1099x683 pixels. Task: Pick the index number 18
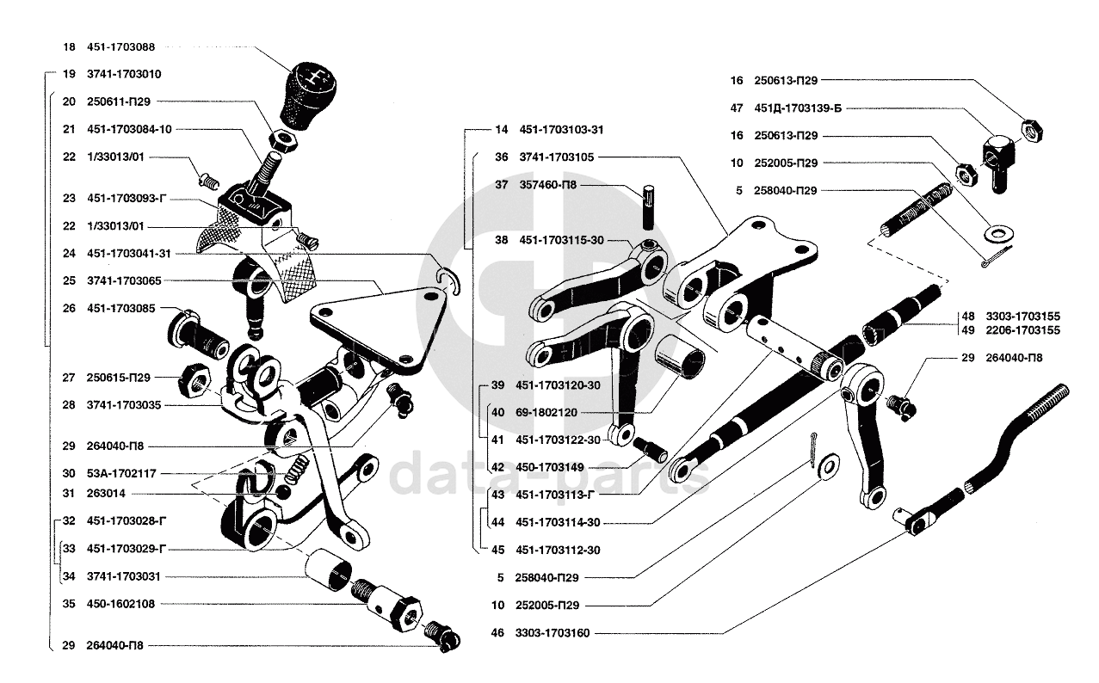click(70, 47)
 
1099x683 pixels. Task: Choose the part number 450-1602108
click(121, 604)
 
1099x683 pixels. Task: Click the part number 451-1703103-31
click(561, 130)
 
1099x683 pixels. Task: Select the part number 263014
click(105, 494)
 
